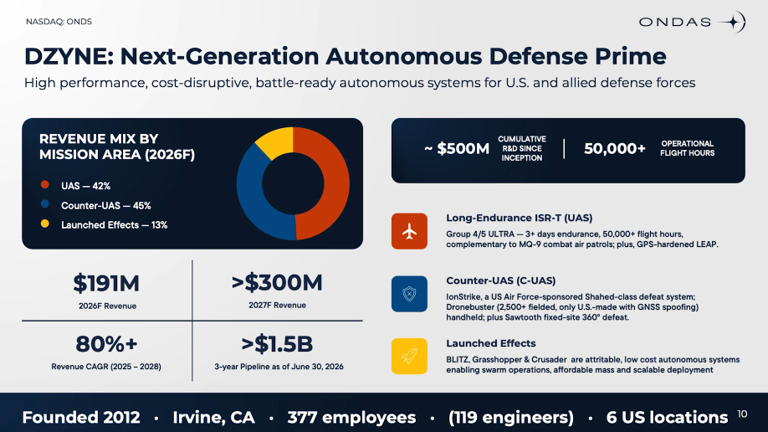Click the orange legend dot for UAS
coord(45,185)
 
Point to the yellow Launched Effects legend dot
coord(45,224)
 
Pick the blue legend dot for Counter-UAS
coord(45,204)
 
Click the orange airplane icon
coord(409,231)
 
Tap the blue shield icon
coord(409,294)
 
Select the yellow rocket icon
coord(409,357)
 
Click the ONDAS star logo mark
coord(733,22)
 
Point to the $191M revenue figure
coord(106,284)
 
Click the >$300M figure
coord(277,282)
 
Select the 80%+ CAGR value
coord(106,344)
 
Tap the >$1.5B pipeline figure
coord(277,344)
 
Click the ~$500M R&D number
coord(457,148)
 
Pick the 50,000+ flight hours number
coord(615,148)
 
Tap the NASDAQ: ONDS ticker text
coord(59,22)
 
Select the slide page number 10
coord(742,414)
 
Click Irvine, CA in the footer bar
coord(213,417)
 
